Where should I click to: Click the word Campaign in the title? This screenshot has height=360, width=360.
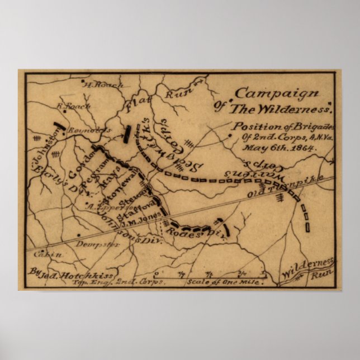click(x=277, y=94)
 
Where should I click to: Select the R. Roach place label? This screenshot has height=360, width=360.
click(x=70, y=106)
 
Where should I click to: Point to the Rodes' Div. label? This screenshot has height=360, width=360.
click(x=196, y=234)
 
